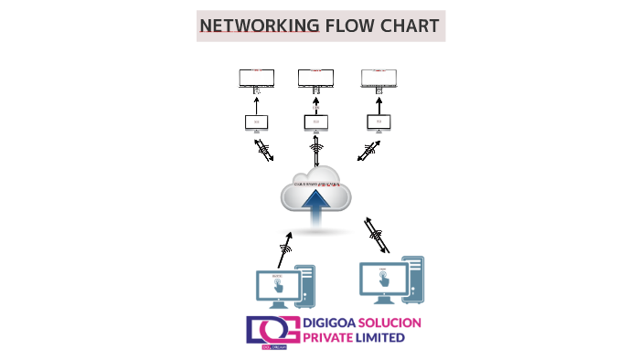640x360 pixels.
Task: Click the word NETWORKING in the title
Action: click(x=260, y=26)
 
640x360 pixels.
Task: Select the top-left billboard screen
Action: click(x=257, y=78)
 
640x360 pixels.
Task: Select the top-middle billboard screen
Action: click(x=315, y=78)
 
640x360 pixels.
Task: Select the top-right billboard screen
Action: click(x=379, y=78)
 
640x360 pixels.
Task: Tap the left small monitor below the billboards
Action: click(x=257, y=122)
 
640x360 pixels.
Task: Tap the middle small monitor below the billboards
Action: click(x=316, y=122)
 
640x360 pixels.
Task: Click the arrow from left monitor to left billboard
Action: click(x=257, y=103)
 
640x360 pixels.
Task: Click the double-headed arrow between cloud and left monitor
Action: click(x=263, y=151)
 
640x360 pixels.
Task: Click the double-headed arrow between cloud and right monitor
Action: click(x=369, y=151)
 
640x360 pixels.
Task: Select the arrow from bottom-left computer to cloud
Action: click(x=285, y=248)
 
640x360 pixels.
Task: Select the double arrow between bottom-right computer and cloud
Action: click(x=376, y=234)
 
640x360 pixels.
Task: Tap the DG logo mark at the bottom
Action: click(x=266, y=331)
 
